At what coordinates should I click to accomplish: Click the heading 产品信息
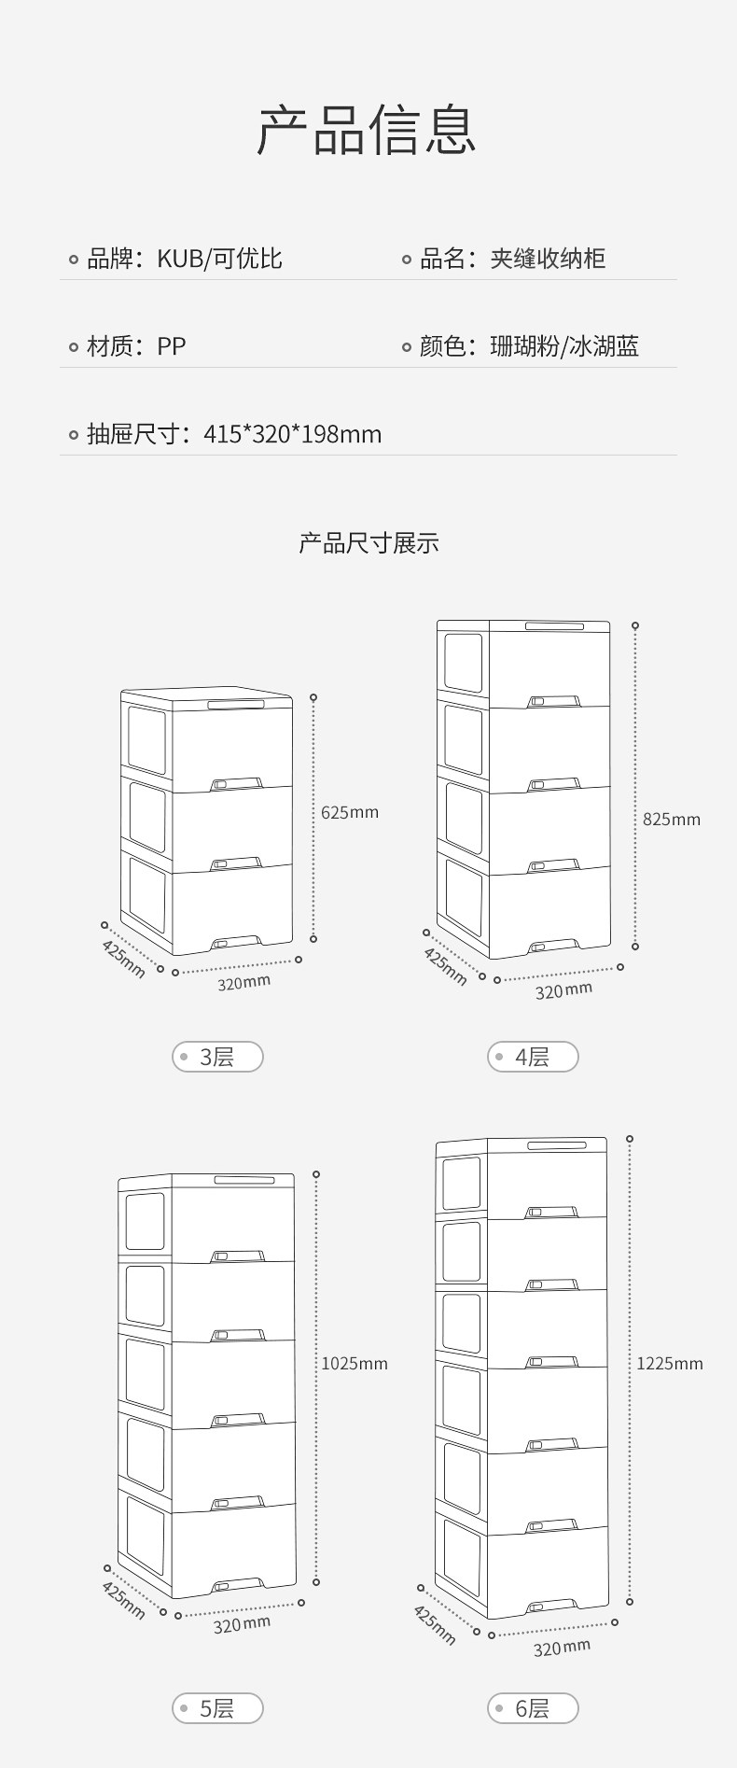tap(368, 130)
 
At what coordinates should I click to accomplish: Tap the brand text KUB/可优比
tap(219, 259)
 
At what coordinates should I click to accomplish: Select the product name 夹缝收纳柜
tap(548, 259)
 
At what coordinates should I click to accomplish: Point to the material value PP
tap(172, 346)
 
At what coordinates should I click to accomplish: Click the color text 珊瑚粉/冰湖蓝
tap(564, 346)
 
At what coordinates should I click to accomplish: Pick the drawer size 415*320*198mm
tap(292, 434)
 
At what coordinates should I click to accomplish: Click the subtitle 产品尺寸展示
tap(368, 543)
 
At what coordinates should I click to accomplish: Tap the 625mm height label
tap(350, 812)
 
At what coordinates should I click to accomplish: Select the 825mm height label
tap(671, 820)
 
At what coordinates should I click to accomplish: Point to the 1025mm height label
tap(355, 1364)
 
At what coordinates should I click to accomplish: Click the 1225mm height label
tap(670, 1364)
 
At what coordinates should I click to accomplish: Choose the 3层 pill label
tap(217, 1057)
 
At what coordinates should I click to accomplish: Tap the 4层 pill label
tap(533, 1057)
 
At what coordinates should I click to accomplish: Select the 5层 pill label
tap(217, 1708)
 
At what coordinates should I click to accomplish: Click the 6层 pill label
tap(533, 1708)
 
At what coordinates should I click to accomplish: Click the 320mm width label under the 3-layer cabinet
tap(244, 982)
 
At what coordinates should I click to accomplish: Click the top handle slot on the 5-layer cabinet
tap(244, 1180)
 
